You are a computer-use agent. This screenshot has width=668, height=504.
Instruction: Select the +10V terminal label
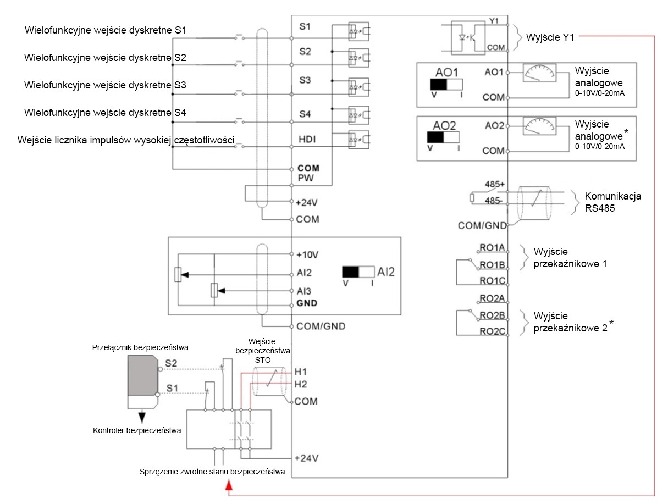pos(307,255)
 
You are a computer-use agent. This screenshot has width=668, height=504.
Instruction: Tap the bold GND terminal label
pos(307,303)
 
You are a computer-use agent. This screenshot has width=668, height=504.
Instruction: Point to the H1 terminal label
pos(301,373)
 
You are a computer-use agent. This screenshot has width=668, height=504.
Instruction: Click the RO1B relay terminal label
pos(492,265)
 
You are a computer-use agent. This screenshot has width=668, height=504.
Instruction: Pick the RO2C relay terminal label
pos(492,331)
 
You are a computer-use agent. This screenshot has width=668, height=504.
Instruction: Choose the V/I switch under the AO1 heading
pos(446,85)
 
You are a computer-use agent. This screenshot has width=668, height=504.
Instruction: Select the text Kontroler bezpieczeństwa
pos(137,430)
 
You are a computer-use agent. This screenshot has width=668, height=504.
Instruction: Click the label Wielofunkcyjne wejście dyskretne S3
pos(106,85)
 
